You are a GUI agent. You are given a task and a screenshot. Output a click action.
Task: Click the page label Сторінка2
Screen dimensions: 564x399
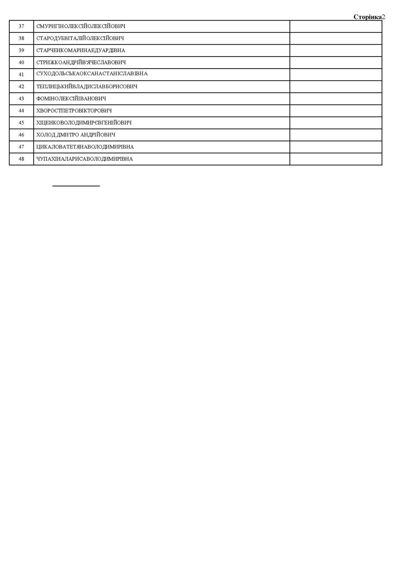point(369,17)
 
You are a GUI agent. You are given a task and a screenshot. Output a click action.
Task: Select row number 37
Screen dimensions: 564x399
point(21,26)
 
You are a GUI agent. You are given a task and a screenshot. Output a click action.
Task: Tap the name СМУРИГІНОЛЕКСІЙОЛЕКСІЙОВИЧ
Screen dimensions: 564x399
point(81,26)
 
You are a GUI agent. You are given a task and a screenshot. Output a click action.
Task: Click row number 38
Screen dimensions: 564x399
point(21,38)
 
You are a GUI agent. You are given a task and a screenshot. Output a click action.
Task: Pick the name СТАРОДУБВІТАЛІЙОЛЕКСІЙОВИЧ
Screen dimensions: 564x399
point(80,38)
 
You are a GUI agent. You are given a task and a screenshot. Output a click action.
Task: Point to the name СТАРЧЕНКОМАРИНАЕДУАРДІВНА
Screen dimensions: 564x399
point(81,50)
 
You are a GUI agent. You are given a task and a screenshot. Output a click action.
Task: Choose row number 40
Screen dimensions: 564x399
point(21,62)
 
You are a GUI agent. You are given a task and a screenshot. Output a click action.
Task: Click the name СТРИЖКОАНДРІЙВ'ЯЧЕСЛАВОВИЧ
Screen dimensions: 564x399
point(81,62)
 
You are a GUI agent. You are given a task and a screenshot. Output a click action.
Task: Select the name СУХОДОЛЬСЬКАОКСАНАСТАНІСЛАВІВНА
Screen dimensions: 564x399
point(92,74)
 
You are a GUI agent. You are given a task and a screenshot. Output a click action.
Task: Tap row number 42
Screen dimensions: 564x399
point(21,87)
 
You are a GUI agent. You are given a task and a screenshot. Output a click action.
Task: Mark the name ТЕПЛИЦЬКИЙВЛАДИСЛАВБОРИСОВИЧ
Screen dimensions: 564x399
point(87,87)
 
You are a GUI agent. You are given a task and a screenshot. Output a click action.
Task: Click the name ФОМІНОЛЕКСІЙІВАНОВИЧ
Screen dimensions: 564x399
point(71,99)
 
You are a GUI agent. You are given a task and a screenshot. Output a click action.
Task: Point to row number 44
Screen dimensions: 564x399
point(21,111)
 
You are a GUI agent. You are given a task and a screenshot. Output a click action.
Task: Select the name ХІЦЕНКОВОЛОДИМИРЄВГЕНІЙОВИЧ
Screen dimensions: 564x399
point(84,123)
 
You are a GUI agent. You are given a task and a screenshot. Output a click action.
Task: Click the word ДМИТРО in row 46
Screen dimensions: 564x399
point(68,135)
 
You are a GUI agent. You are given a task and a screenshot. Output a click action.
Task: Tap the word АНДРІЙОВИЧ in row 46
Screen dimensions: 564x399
point(98,135)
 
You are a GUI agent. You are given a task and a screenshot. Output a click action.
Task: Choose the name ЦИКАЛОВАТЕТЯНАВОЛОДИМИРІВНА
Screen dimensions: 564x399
point(85,147)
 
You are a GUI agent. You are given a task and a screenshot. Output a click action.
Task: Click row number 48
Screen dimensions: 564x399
point(21,159)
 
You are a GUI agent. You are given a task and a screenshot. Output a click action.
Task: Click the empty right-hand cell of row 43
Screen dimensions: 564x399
point(336,99)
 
